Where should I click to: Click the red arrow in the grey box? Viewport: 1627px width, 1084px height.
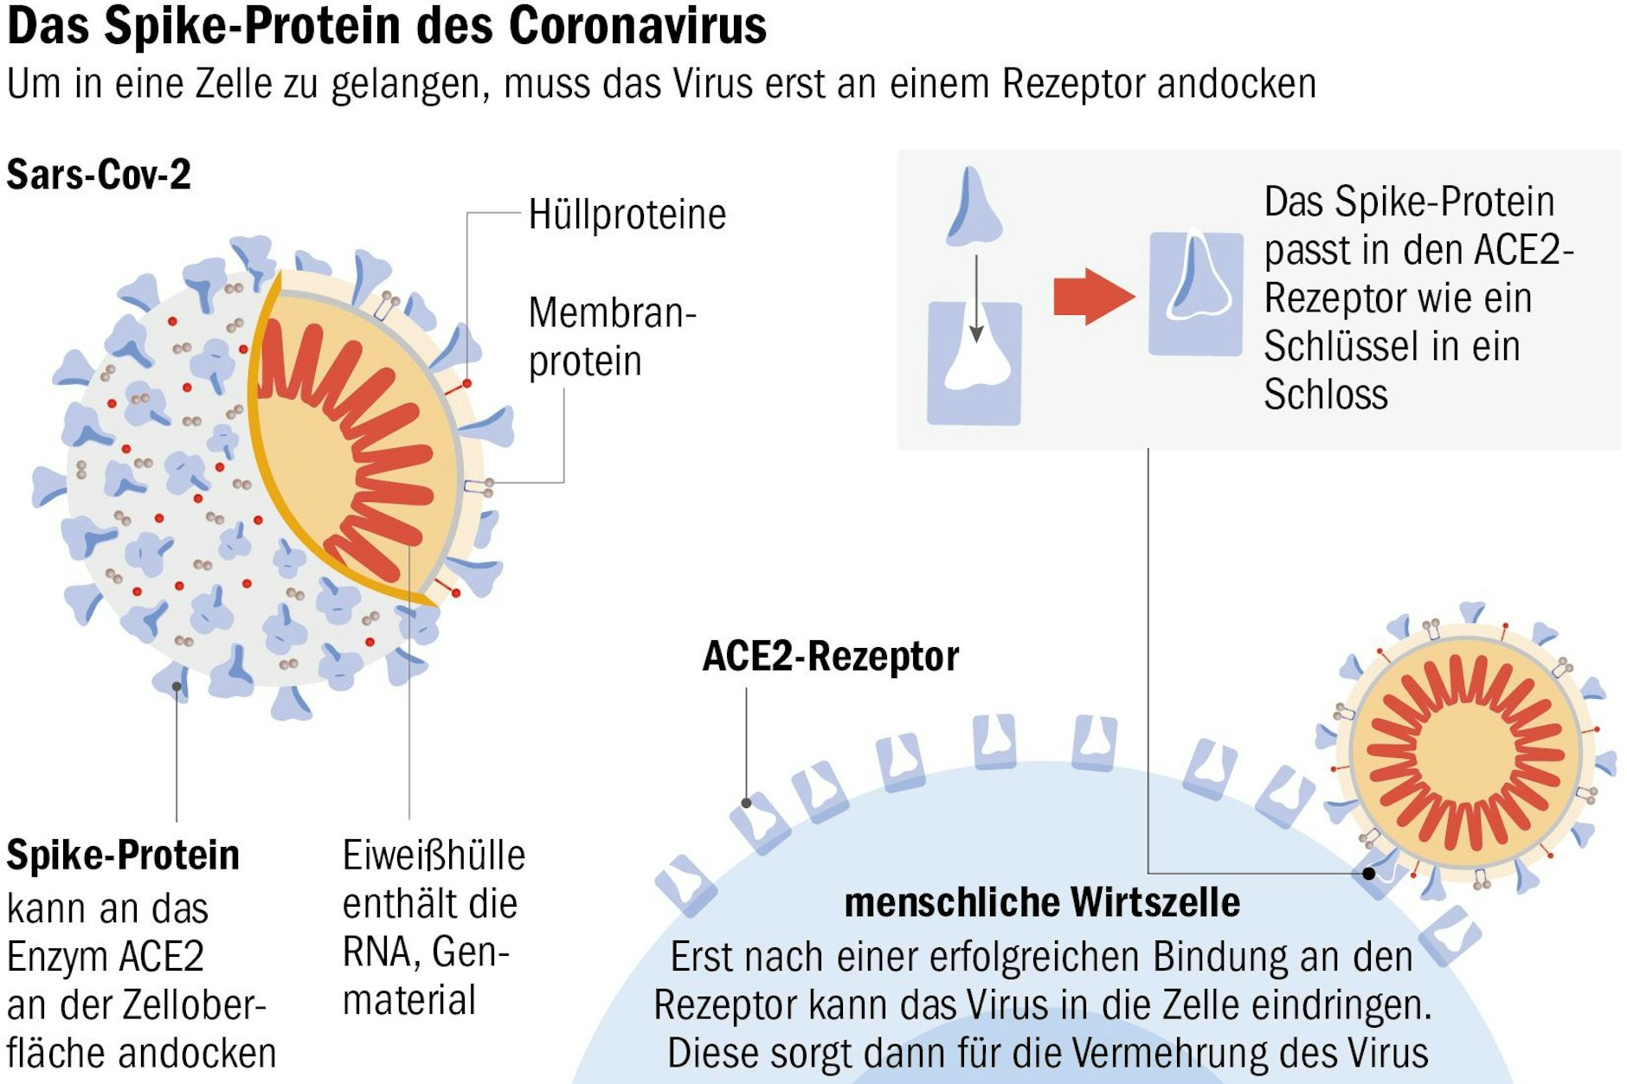point(1093,297)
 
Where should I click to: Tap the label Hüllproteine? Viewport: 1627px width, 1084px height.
point(627,215)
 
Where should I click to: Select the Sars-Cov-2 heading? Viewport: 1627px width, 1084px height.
point(99,175)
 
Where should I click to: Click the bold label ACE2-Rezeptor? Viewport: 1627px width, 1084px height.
point(830,657)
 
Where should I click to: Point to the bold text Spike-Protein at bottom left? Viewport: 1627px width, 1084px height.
point(123,856)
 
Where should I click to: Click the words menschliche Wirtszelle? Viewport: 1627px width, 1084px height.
point(1042,902)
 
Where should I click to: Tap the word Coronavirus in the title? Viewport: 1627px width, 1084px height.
point(637,26)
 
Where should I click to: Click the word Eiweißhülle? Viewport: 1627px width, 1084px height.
point(434,856)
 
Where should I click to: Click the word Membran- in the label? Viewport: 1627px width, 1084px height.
point(612,312)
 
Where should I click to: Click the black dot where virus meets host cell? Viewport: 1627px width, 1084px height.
point(1368,873)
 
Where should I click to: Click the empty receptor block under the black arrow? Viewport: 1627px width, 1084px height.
point(974,363)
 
